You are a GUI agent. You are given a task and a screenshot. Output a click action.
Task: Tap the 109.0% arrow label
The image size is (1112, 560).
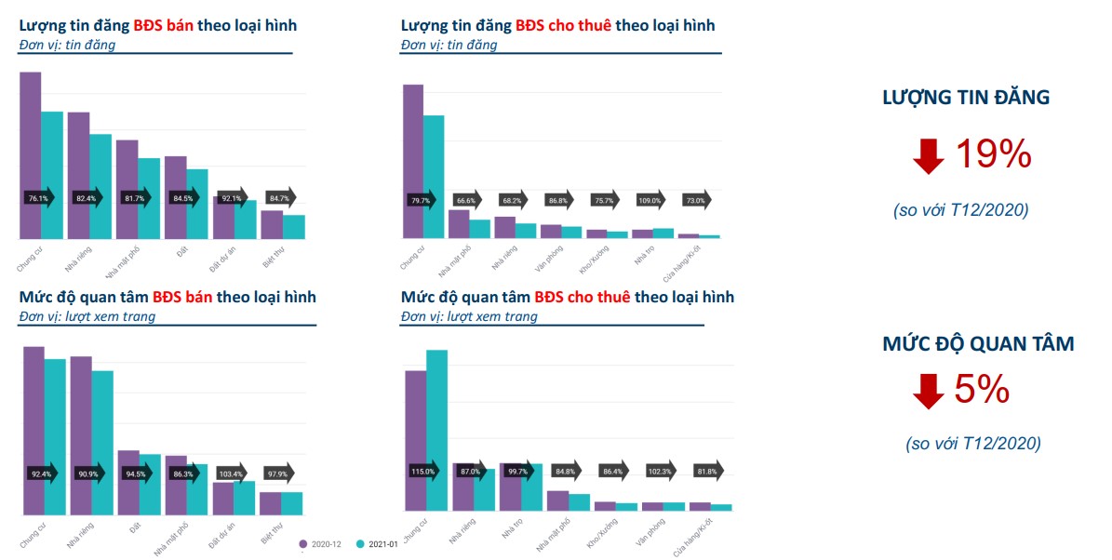click(650, 200)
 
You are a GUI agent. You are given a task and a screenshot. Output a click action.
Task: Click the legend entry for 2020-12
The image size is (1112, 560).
click(322, 543)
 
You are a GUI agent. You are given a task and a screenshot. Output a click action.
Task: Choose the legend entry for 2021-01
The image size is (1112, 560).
click(378, 543)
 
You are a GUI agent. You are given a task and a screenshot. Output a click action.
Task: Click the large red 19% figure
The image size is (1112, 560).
click(993, 153)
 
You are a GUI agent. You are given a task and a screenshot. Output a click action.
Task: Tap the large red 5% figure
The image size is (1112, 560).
click(982, 390)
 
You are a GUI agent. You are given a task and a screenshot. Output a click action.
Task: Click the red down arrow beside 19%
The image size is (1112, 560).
click(929, 155)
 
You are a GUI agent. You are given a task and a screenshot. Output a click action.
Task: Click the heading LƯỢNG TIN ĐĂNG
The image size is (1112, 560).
click(966, 97)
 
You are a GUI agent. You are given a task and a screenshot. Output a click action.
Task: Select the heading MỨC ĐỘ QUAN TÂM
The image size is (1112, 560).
click(978, 344)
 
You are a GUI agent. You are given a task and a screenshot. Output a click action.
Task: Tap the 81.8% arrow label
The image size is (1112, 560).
click(707, 472)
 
